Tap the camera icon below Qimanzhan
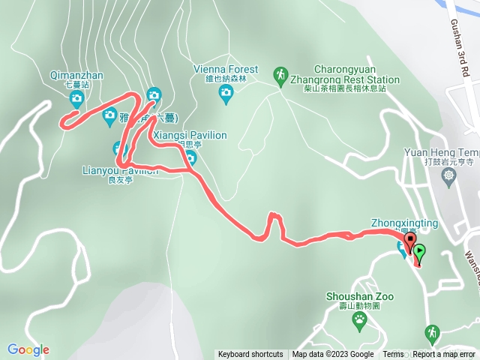tap(76, 98)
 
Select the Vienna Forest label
tap(226, 69)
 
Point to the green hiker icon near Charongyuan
tap(280, 75)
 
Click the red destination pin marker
tap(409, 241)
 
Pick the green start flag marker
tap(419, 252)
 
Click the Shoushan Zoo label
tap(360, 297)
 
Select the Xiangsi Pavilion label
tap(189, 136)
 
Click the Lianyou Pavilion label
tap(120, 170)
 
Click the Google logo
tap(28, 349)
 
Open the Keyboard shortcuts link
tap(250, 355)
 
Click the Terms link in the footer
tap(393, 355)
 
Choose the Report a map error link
tap(444, 355)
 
